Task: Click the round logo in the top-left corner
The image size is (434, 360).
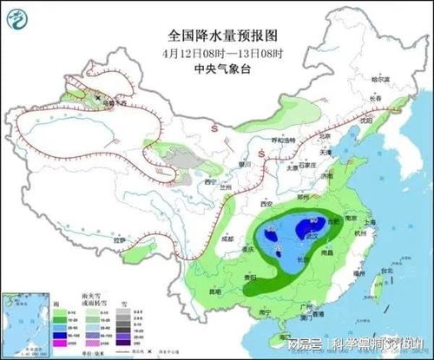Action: [18, 16]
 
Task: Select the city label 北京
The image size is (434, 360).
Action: [325, 136]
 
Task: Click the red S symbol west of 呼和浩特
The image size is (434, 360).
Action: [213, 128]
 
